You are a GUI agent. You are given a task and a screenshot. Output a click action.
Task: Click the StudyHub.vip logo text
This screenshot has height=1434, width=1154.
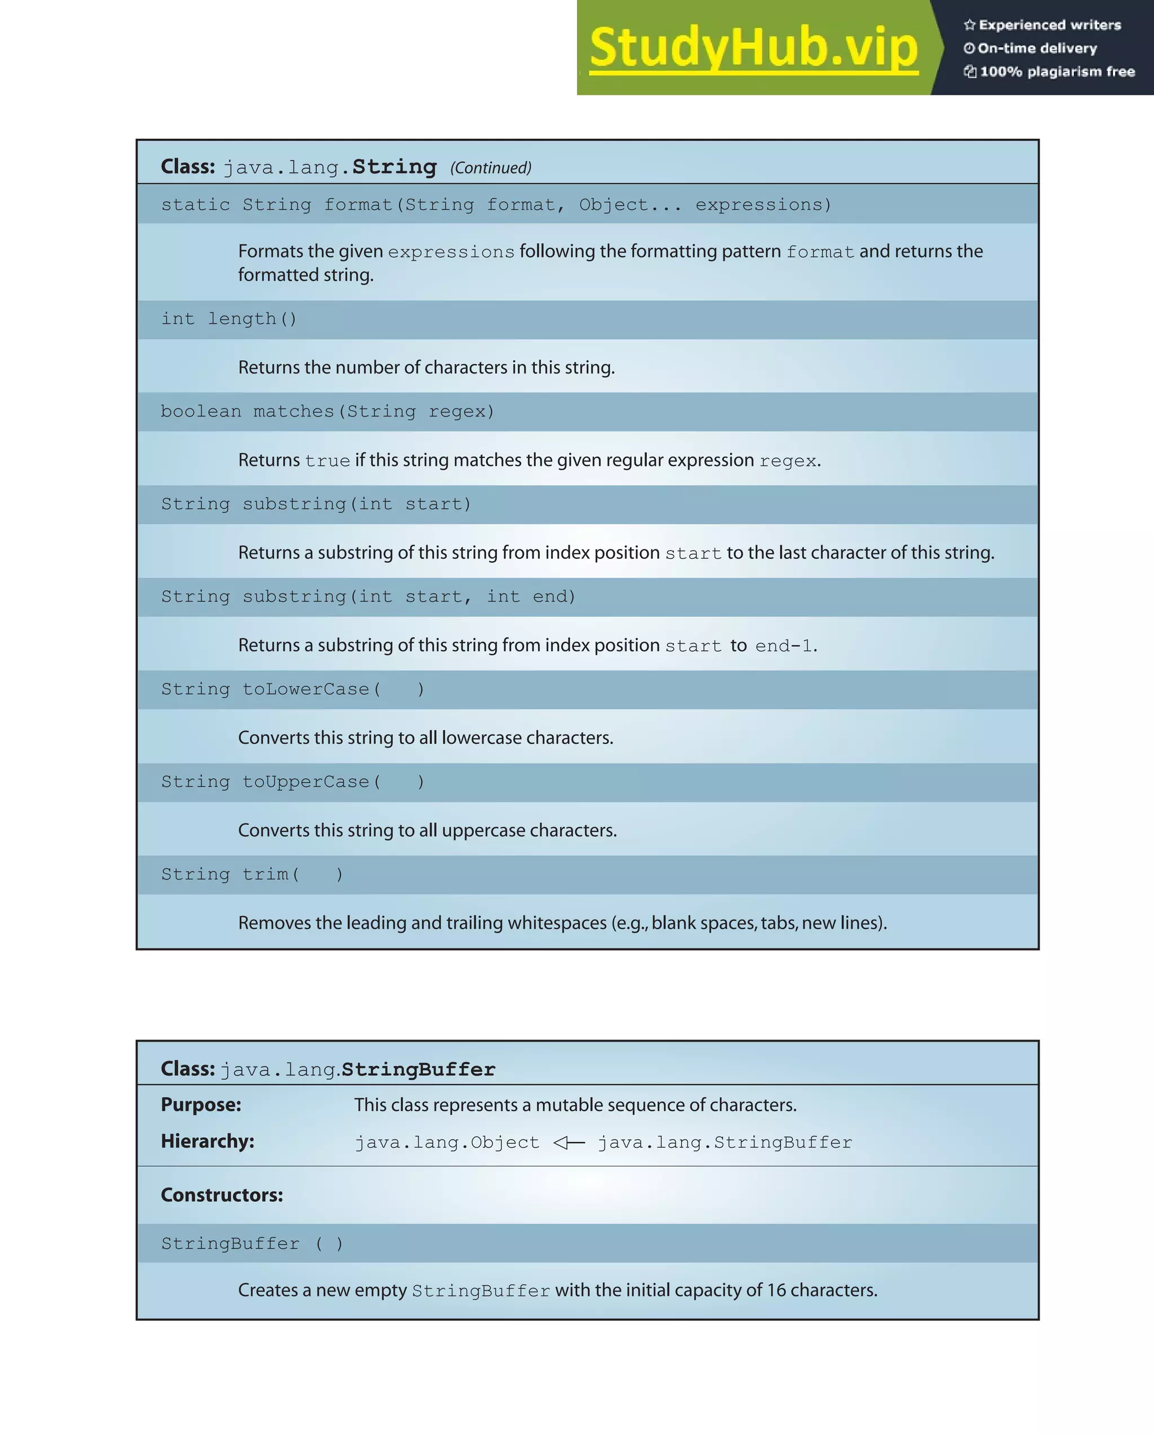[753, 48]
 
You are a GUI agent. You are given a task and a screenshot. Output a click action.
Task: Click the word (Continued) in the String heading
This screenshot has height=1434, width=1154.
[491, 167]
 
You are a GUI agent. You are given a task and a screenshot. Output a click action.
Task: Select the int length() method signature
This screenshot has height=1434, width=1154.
[229, 319]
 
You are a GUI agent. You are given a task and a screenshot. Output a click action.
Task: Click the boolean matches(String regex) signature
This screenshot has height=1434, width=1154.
[327, 412]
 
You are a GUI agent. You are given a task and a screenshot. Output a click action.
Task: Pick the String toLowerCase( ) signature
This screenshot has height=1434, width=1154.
[292, 689]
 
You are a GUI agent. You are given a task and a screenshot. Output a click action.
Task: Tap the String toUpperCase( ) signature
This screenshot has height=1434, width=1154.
[292, 782]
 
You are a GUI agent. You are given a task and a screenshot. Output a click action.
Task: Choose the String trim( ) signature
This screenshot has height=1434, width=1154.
[252, 874]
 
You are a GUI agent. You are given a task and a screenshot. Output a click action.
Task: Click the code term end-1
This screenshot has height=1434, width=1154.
[784, 646]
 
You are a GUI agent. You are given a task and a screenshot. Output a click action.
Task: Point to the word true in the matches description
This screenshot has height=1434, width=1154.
[327, 461]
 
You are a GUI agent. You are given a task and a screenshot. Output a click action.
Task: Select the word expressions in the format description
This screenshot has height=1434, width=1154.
[451, 252]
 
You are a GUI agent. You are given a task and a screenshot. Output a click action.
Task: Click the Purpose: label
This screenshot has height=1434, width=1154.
[201, 1105]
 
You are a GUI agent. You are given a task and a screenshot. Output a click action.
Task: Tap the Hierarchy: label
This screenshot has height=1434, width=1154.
[207, 1142]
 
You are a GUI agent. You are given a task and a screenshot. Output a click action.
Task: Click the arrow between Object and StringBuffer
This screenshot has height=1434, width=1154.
[569, 1143]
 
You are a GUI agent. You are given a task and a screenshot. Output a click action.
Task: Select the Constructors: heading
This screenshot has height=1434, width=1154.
[222, 1195]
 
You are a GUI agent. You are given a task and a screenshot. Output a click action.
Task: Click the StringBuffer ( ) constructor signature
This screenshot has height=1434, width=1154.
[252, 1244]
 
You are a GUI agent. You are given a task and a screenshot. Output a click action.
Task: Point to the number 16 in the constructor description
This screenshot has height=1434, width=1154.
[776, 1290]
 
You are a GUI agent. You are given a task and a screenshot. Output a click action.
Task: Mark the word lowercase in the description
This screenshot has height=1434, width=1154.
[481, 738]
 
